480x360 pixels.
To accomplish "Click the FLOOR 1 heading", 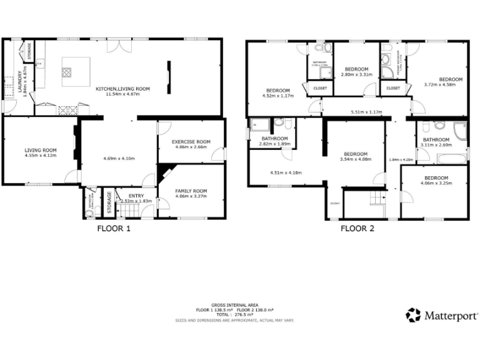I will click(114, 229).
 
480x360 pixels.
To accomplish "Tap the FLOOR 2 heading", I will click(357, 229).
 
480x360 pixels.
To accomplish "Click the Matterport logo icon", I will click(413, 315).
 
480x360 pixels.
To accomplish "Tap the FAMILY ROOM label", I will click(191, 191).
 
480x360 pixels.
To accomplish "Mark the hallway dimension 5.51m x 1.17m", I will click(366, 112).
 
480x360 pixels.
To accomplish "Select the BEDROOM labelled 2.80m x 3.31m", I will click(357, 69).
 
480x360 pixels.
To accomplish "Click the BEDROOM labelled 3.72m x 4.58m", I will click(450, 79).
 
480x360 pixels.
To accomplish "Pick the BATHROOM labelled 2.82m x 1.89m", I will click(274, 138).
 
